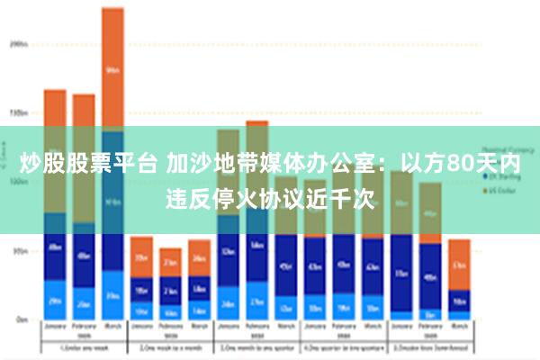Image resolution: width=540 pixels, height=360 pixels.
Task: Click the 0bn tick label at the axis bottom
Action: [x=20, y=319]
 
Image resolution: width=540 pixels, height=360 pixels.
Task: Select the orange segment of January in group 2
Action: [x=141, y=257]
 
